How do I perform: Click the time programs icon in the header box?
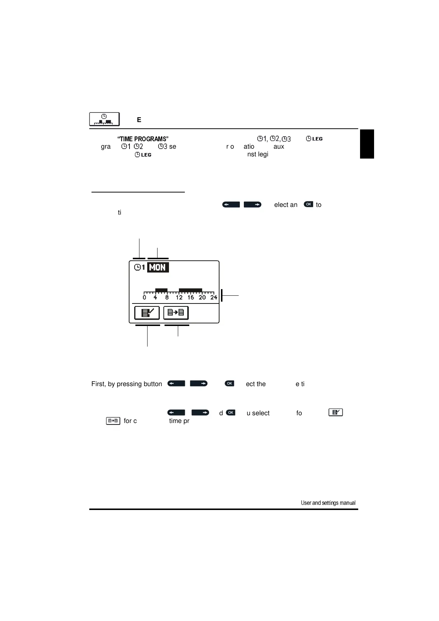(x=104, y=119)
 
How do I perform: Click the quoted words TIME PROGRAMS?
(x=143, y=139)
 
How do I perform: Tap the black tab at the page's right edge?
(x=367, y=144)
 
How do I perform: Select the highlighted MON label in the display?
(x=158, y=267)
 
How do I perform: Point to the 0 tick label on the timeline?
(x=144, y=298)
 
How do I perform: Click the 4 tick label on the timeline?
(x=155, y=298)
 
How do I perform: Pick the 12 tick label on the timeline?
(x=179, y=298)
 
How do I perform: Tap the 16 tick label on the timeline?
(x=190, y=298)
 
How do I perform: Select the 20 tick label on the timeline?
(x=202, y=298)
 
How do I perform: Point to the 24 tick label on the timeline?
(x=214, y=298)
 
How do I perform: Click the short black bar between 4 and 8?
(x=161, y=290)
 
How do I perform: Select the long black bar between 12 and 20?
(x=190, y=290)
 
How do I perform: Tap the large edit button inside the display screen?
(x=147, y=313)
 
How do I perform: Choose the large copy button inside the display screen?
(x=176, y=313)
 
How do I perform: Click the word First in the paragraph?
(x=98, y=384)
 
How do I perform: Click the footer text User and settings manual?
(x=328, y=503)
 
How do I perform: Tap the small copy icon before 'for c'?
(x=113, y=421)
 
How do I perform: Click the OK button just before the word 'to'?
(x=308, y=204)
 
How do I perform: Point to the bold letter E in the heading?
(x=139, y=120)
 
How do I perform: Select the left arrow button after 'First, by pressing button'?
(x=176, y=384)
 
